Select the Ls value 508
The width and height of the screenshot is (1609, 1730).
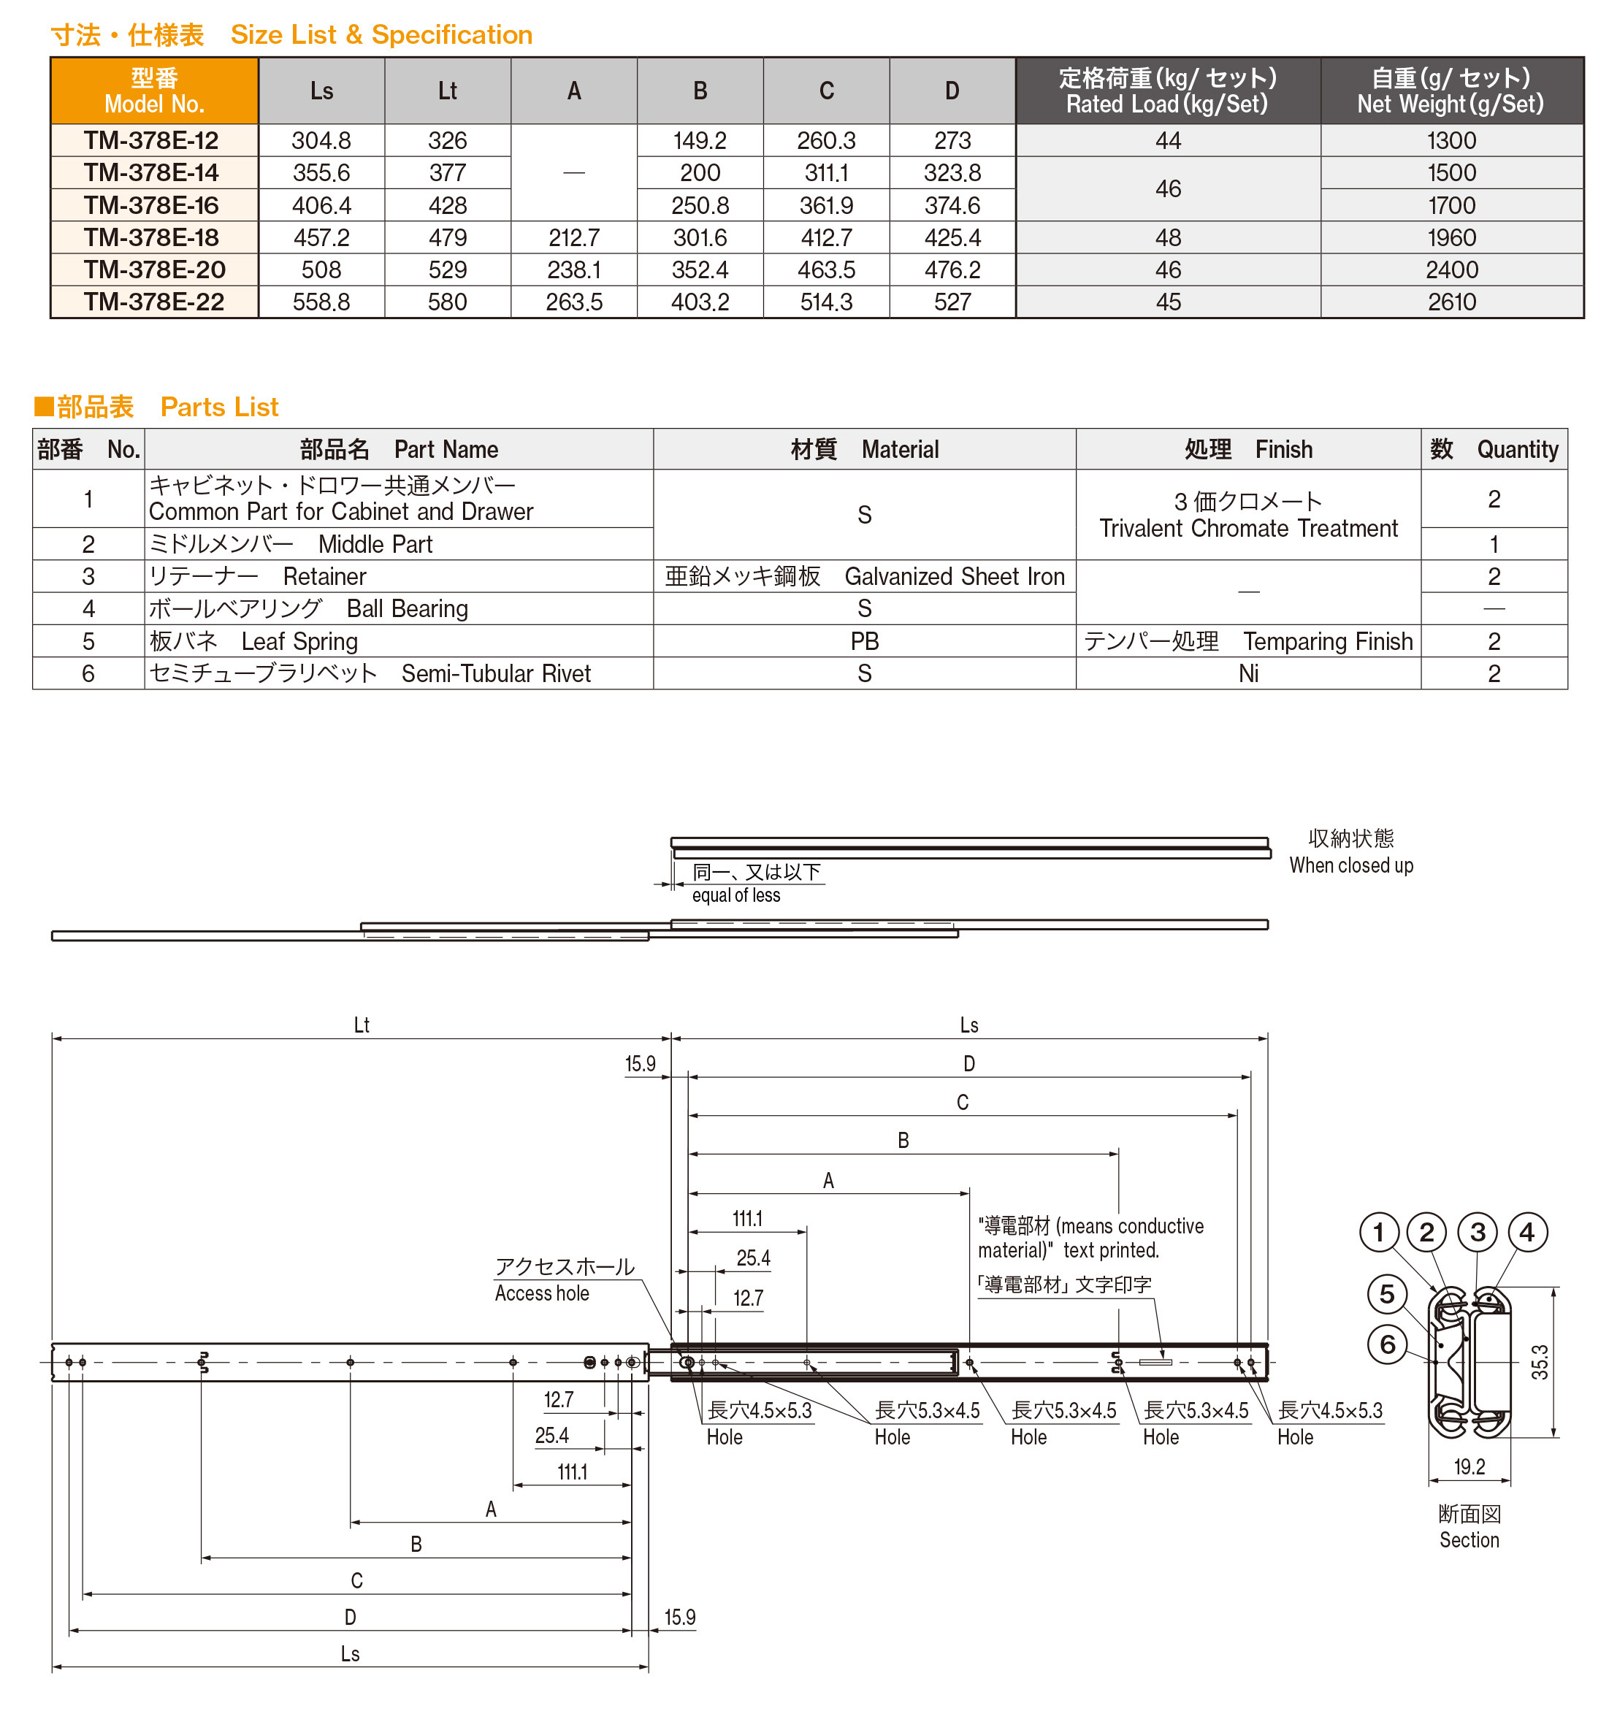tap(321, 269)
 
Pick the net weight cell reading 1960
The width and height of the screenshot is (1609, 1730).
tap(1451, 237)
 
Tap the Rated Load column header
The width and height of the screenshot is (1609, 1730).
tap(1167, 91)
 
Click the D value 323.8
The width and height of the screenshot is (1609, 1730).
tap(952, 173)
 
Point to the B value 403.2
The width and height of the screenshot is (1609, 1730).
tap(700, 302)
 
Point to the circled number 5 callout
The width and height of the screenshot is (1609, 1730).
tap(1386, 1295)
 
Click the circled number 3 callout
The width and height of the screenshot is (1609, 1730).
tap(1477, 1232)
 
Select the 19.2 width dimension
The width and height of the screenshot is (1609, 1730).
tap(1469, 1466)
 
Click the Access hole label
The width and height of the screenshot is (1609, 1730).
tap(541, 1293)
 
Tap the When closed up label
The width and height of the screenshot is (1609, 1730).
tap(1350, 865)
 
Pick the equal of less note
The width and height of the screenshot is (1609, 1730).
tap(735, 895)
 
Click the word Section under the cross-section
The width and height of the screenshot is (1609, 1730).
tap(1469, 1539)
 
